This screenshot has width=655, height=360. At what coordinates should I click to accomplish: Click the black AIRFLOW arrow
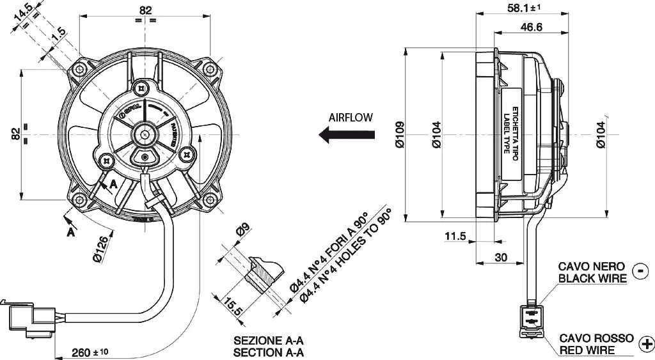coord(347,134)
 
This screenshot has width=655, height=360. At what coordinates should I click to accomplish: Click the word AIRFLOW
coord(350,118)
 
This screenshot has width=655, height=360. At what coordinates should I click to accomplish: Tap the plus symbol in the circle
coord(646,343)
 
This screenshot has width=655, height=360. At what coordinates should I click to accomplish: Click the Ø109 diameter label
coord(400,136)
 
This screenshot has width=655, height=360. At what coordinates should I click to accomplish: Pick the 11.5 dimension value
coord(455,237)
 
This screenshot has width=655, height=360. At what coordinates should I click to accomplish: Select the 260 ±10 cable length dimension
coord(89,352)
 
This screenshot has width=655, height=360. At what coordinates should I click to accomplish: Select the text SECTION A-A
coord(268,352)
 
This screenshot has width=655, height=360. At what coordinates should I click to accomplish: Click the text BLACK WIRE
coord(592,278)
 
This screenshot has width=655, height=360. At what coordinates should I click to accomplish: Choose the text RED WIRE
coord(587,350)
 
